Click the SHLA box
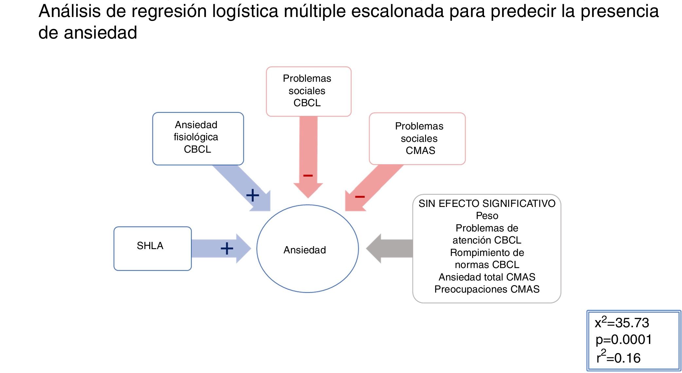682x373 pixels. pyautogui.click(x=153, y=248)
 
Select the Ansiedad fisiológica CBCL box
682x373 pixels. pyautogui.click(x=198, y=139)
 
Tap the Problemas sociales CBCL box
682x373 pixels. pyautogui.click(x=308, y=91)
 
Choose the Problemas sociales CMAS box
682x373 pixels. pyautogui.click(x=417, y=139)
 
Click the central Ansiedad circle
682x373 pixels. pyautogui.click(x=307, y=249)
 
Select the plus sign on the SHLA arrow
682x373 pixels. pyautogui.click(x=227, y=248)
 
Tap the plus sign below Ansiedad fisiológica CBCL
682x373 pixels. pyautogui.click(x=253, y=195)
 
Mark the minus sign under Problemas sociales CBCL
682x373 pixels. pyautogui.click(x=308, y=176)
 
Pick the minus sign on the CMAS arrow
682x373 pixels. pyautogui.click(x=360, y=196)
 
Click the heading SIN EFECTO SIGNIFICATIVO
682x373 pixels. pyautogui.click(x=487, y=204)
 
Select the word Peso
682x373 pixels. pyautogui.click(x=487, y=216)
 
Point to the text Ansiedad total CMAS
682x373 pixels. pyautogui.click(x=487, y=277)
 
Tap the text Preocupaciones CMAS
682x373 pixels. pyautogui.click(x=487, y=289)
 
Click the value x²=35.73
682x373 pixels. pyautogui.click(x=621, y=323)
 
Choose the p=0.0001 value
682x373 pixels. pyautogui.click(x=623, y=340)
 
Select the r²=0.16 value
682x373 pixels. pyautogui.click(x=618, y=357)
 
